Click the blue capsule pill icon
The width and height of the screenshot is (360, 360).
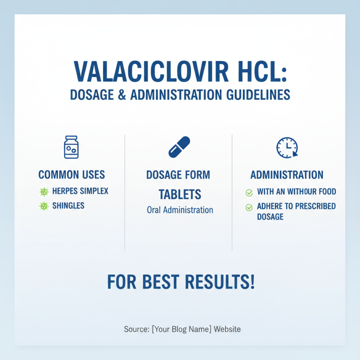coord(179,147)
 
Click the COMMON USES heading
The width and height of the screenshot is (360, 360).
coord(72,175)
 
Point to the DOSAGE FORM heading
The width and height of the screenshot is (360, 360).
coord(178,175)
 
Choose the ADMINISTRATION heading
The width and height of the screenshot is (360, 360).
coord(287,175)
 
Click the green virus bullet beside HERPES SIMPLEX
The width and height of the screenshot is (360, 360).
coord(44,192)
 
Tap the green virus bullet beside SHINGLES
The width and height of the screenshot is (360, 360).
coord(44,206)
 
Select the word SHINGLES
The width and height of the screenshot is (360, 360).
coord(68,206)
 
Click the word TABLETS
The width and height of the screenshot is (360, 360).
coord(180,194)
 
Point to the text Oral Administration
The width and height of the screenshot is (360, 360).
coord(180,210)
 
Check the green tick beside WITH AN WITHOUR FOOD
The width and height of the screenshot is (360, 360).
coord(249,193)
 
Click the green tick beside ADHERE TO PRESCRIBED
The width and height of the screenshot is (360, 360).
coord(249,207)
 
